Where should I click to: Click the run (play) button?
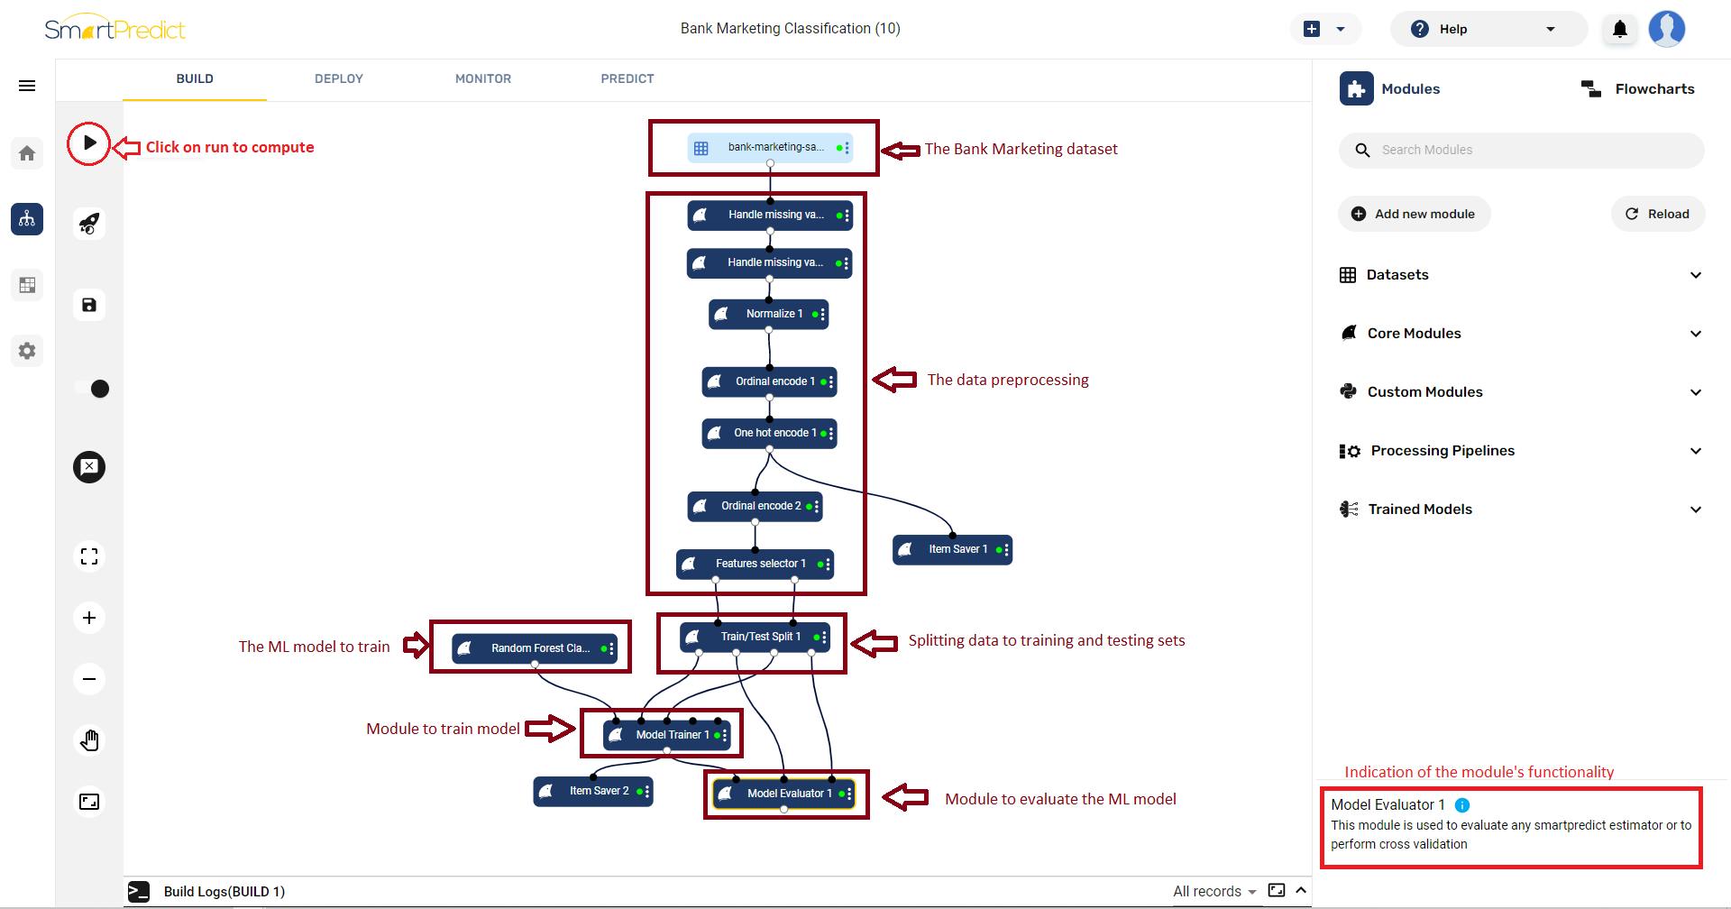click(89, 142)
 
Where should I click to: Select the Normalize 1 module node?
click(769, 314)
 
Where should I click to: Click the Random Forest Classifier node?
click(535, 648)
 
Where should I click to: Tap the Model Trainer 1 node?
click(667, 735)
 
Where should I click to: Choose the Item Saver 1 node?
click(953, 549)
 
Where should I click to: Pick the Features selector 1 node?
click(756, 564)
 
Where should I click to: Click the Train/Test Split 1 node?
click(755, 637)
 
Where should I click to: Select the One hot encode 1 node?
click(770, 433)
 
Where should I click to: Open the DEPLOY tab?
click(339, 78)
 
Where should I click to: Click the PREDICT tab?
click(627, 78)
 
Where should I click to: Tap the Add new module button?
click(1414, 214)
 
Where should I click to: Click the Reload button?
click(1657, 214)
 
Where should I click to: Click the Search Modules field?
click(1521, 150)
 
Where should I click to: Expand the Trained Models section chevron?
click(1696, 510)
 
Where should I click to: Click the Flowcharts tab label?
click(1654, 88)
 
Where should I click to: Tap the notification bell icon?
click(1620, 29)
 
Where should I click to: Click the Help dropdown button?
click(1488, 29)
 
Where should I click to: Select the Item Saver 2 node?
click(593, 791)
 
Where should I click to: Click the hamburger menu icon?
click(27, 86)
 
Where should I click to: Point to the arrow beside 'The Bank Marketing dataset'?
click(900, 150)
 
